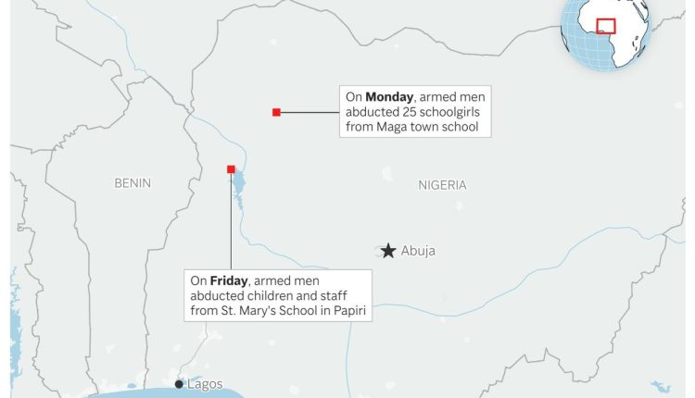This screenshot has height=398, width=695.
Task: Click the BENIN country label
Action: pyautogui.click(x=133, y=183)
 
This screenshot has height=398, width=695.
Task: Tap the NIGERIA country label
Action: pyautogui.click(x=442, y=185)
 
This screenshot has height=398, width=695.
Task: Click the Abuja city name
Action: pyautogui.click(x=418, y=251)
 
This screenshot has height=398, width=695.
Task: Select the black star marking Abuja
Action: pyautogui.click(x=387, y=251)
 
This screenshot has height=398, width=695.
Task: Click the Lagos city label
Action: pyautogui.click(x=204, y=383)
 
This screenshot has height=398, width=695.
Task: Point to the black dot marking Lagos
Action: pyautogui.click(x=179, y=383)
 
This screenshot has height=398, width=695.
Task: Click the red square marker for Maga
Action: pyautogui.click(x=276, y=112)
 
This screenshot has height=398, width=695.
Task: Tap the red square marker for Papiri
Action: pyautogui.click(x=231, y=168)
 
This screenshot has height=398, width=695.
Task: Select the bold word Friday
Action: pyautogui.click(x=228, y=280)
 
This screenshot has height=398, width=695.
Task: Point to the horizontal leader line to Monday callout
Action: pyautogui.click(x=310, y=112)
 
